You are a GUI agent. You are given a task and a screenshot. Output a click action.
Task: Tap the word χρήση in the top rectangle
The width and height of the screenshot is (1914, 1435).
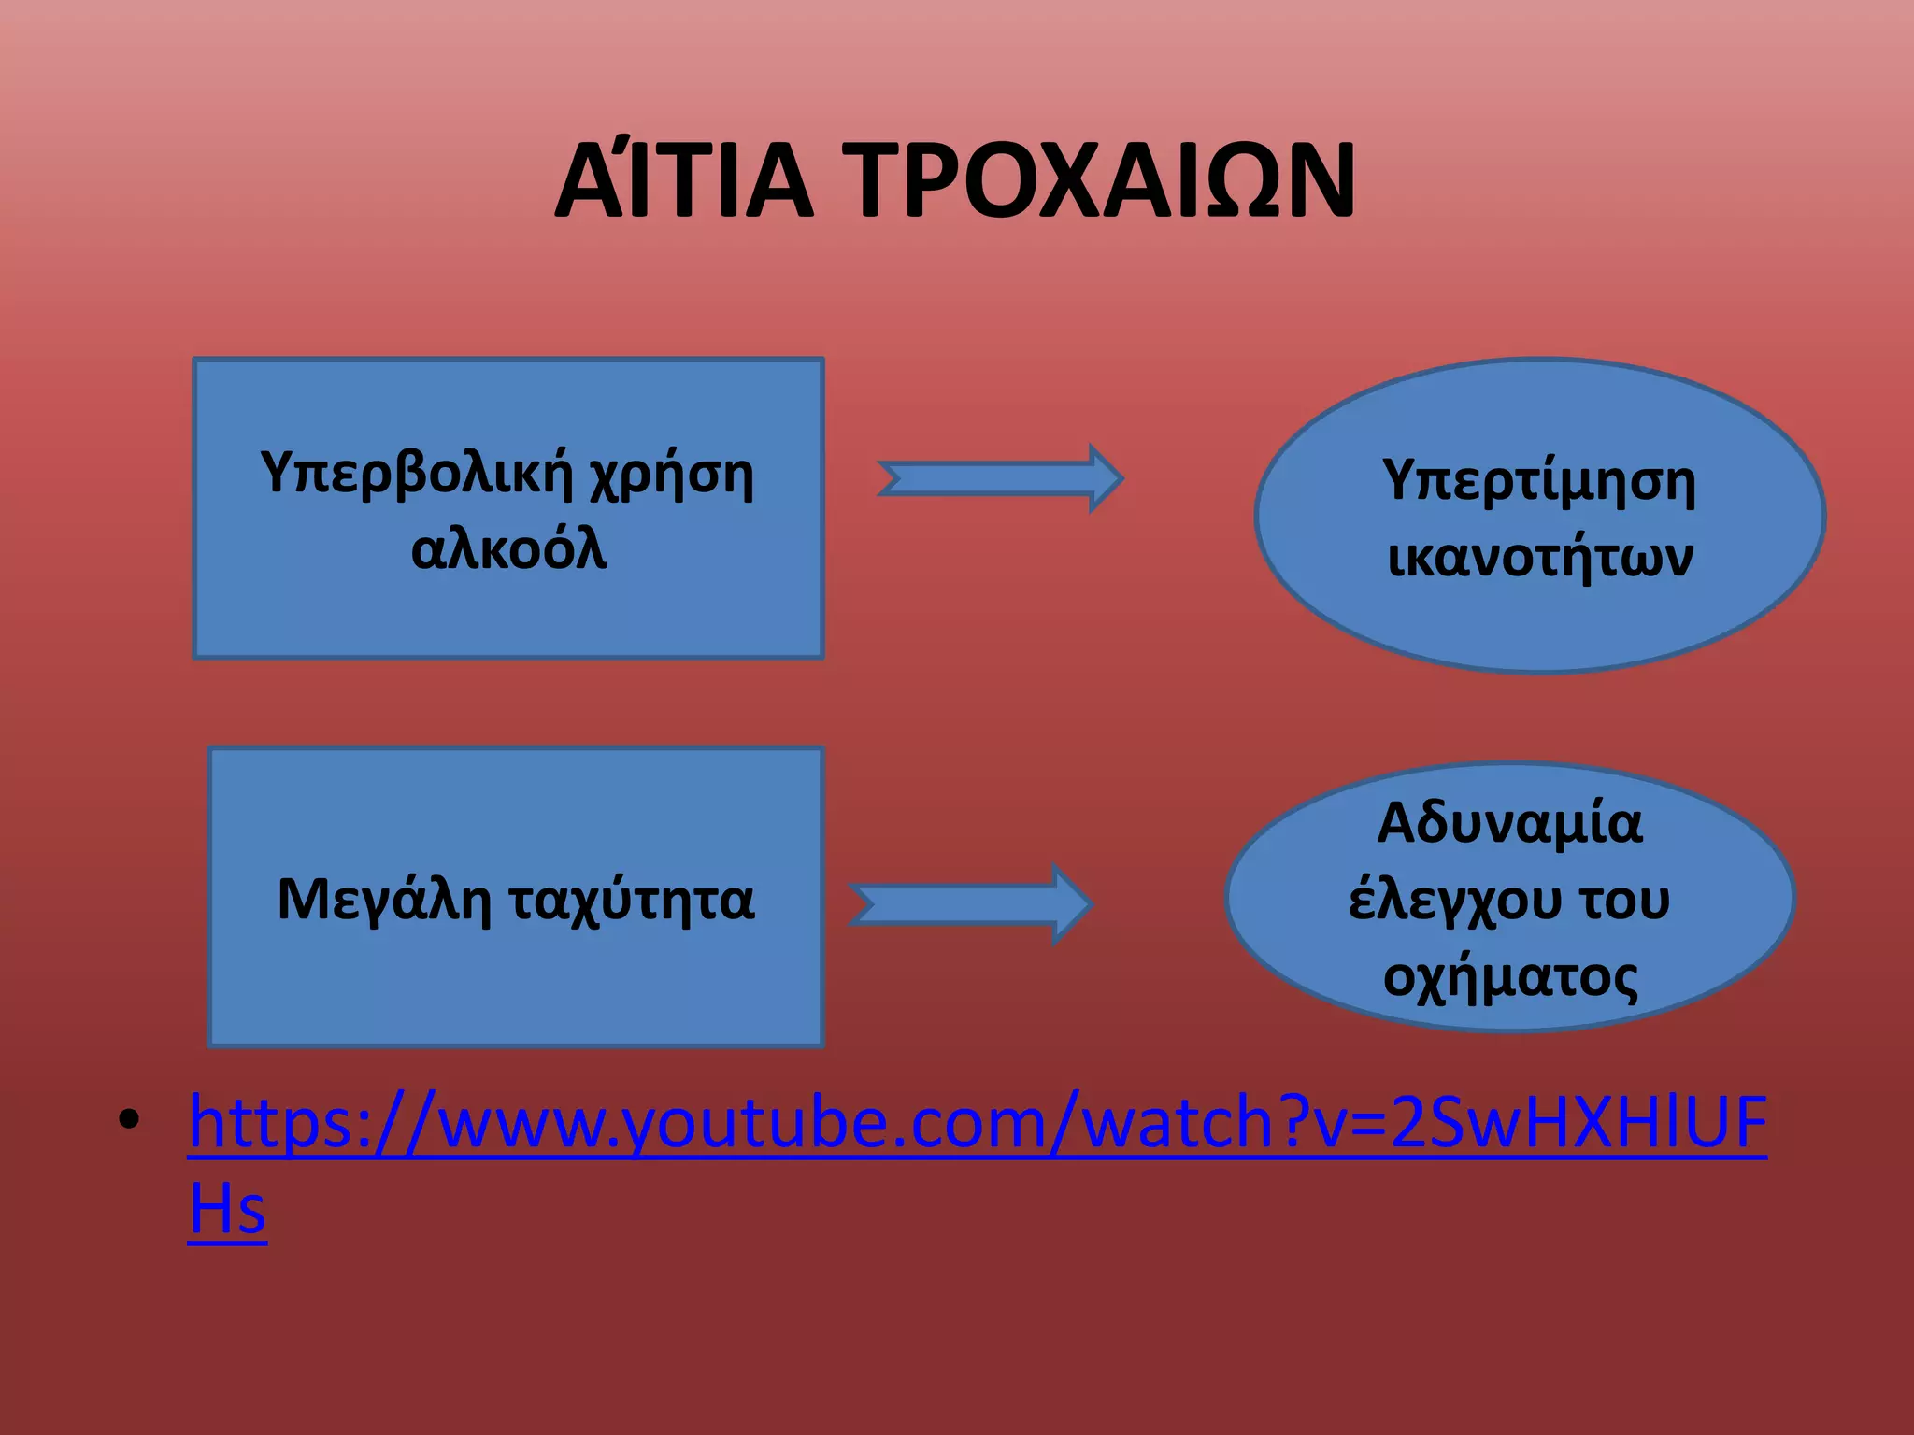(670, 474)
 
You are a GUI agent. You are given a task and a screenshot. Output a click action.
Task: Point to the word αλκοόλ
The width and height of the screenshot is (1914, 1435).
(508, 548)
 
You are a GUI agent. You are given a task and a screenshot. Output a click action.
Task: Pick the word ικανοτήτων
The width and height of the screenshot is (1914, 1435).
(1539, 557)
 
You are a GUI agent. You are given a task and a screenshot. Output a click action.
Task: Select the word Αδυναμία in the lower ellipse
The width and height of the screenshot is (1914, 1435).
(1509, 823)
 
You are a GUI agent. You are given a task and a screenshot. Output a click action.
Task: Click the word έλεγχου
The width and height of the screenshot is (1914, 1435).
(1454, 900)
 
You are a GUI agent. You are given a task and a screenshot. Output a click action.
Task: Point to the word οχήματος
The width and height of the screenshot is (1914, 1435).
(1509, 977)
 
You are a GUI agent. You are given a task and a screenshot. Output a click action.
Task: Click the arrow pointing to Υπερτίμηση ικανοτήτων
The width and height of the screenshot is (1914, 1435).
(1000, 478)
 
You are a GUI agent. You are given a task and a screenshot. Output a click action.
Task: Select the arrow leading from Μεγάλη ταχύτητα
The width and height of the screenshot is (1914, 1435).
(971, 904)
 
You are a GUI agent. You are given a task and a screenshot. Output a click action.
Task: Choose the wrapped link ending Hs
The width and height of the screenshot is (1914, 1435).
(227, 1208)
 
